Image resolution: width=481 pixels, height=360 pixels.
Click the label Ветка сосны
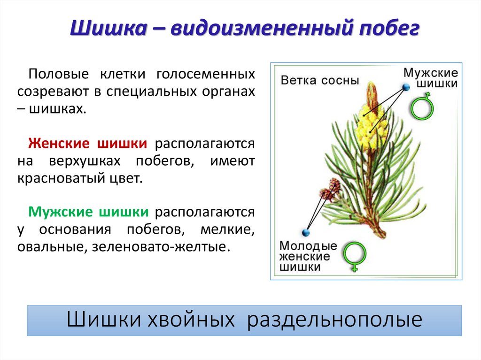tap(319, 80)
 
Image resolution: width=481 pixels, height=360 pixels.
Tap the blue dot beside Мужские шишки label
tap(405, 88)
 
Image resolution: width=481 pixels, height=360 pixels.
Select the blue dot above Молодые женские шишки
tap(306, 232)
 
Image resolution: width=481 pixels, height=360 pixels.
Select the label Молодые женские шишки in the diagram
tap(308, 257)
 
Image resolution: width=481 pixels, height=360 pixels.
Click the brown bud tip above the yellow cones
tap(372, 94)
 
